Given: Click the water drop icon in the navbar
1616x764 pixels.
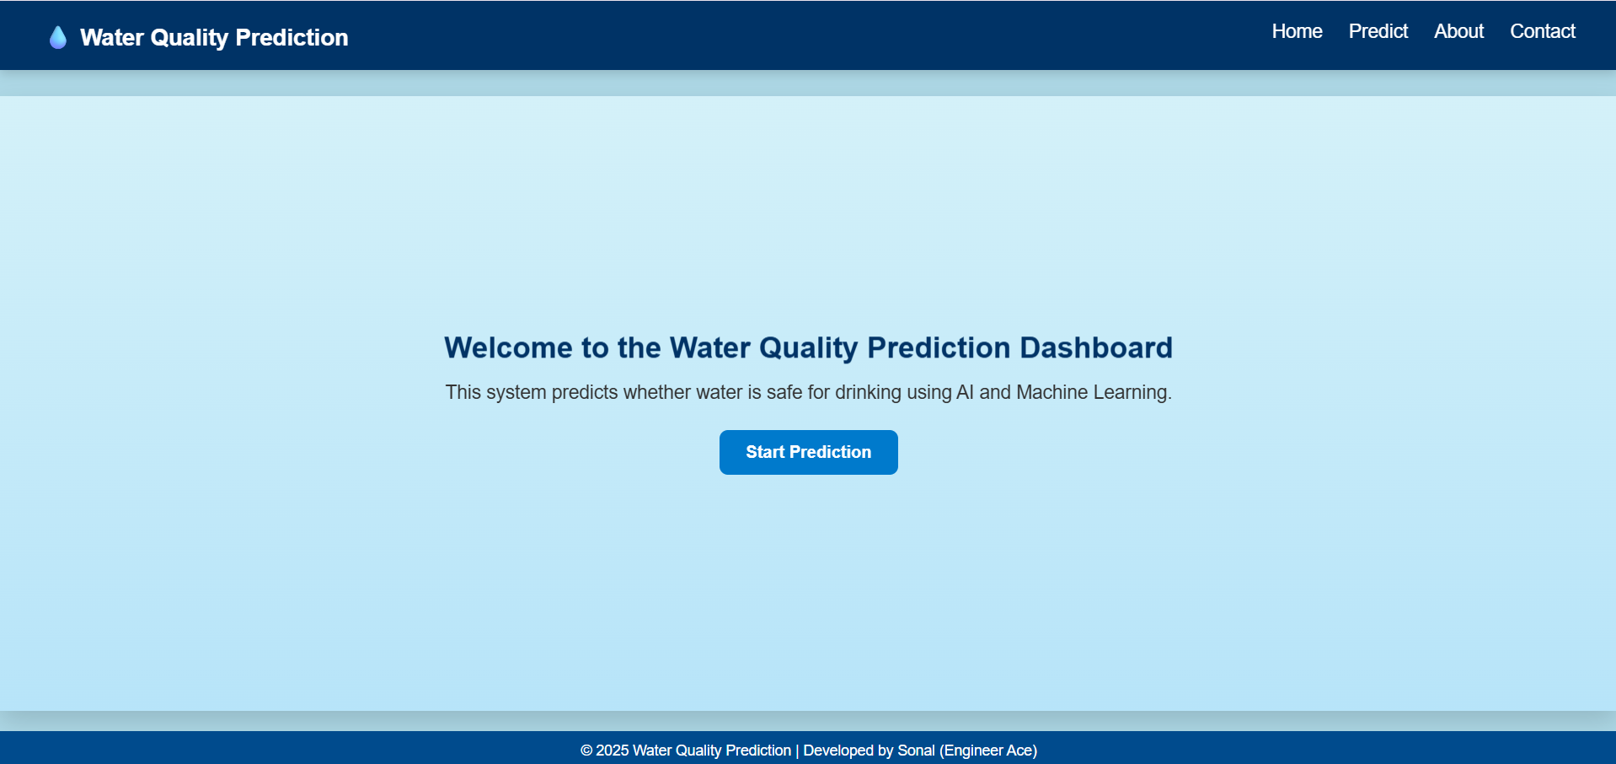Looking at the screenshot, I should [x=57, y=38].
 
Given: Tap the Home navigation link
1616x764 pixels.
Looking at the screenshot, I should [x=1297, y=31].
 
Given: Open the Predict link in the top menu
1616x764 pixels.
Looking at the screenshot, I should [x=1378, y=31].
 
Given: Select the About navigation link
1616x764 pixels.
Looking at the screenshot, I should [x=1458, y=31].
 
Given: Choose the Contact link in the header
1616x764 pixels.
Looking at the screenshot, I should [x=1542, y=31].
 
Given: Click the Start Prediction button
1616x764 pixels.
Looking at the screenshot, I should [x=808, y=452].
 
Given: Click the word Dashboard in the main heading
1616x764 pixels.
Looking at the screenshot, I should [x=1095, y=347].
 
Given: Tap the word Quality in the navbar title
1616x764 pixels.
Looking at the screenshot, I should [x=189, y=38].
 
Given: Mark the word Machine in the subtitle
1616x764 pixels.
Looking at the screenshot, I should [x=1051, y=392].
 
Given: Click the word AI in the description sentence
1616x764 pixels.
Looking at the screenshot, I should [x=965, y=392].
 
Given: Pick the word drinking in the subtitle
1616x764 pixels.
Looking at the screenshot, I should [x=868, y=392].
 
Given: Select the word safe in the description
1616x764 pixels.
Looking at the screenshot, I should [x=784, y=392].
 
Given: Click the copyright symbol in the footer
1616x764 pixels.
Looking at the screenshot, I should [x=586, y=751].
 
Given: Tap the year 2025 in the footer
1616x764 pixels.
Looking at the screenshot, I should [x=613, y=751].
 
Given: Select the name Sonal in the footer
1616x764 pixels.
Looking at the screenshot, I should [x=916, y=751].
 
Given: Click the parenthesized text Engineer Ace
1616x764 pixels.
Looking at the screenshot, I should [x=988, y=751].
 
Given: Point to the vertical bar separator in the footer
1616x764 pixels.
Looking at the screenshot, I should [x=797, y=751].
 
